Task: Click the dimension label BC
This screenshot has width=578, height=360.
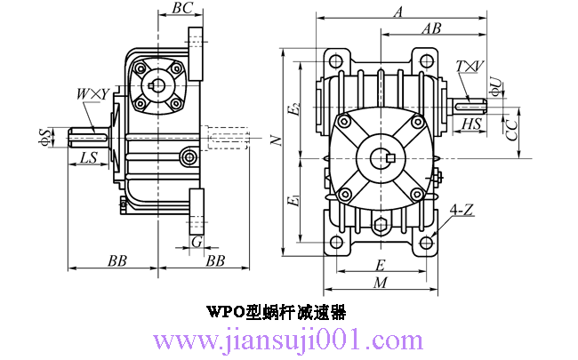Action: coord(182,7)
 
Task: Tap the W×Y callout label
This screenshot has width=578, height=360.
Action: coord(92,94)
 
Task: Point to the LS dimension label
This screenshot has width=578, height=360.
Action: coord(88,157)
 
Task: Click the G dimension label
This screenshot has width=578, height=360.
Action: coord(197,242)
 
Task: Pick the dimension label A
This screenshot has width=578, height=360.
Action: coord(398,12)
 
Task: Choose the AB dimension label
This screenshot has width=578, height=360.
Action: coord(431,28)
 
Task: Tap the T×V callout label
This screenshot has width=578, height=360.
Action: coord(470,67)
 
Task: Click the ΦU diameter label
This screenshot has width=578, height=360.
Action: coord(496,87)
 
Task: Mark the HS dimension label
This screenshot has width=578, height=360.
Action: coord(471,124)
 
